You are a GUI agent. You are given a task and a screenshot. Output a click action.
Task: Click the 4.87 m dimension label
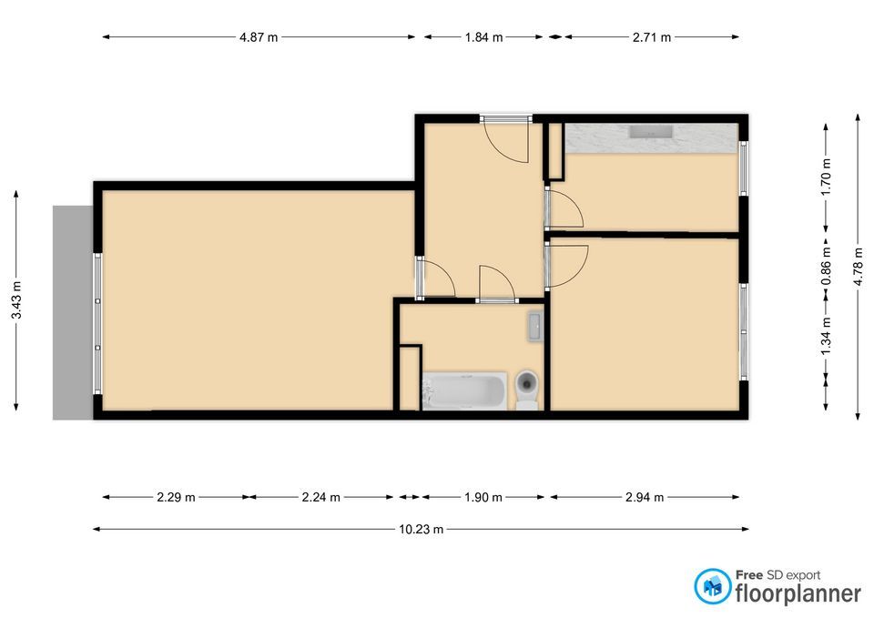tap(259, 37)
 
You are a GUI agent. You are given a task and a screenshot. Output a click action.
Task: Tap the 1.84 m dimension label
tap(483, 37)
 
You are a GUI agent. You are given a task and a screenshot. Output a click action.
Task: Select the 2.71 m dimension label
tap(652, 37)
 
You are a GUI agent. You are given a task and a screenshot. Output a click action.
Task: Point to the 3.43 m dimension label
tap(16, 300)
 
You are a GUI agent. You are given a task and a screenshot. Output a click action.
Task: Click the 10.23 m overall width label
tap(421, 530)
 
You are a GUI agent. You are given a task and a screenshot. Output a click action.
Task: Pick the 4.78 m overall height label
tap(859, 267)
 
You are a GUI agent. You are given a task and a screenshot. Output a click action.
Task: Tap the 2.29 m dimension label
tap(176, 497)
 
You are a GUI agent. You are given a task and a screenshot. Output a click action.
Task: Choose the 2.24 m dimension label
tap(321, 497)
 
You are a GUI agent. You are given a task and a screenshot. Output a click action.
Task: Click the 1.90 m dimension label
tap(483, 497)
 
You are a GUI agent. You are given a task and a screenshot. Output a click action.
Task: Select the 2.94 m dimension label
tap(645, 497)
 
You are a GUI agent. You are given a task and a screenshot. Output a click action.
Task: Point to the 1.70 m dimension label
tap(826, 177)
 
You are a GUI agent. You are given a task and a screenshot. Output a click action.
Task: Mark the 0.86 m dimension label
tap(826, 266)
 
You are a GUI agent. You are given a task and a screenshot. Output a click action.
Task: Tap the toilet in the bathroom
tap(527, 390)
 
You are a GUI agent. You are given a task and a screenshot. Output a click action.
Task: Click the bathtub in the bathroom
tap(465, 390)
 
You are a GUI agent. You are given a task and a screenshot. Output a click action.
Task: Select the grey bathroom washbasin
tap(534, 326)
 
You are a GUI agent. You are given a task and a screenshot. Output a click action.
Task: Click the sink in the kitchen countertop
tap(651, 132)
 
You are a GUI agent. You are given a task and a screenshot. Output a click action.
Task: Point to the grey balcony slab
tap(73, 312)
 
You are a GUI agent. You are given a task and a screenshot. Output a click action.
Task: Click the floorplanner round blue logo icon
tap(712, 586)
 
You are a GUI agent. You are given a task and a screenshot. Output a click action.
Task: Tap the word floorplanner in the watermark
tap(798, 593)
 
